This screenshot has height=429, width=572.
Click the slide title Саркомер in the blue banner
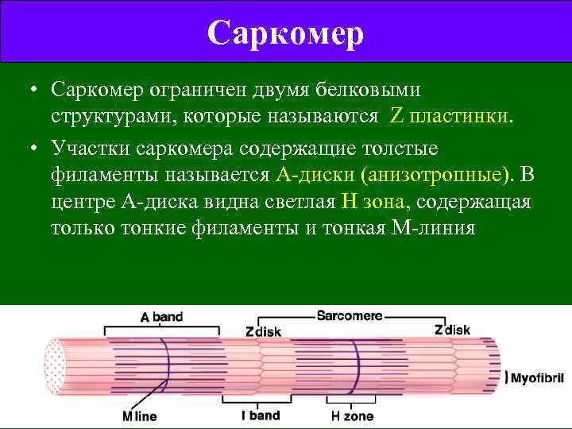[x=286, y=32]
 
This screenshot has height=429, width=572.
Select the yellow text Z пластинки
[x=450, y=117]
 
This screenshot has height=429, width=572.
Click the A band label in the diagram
[x=161, y=317]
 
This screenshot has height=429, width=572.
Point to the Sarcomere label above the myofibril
[x=350, y=315]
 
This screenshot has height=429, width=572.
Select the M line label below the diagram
[x=140, y=415]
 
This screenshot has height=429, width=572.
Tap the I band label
[x=261, y=415]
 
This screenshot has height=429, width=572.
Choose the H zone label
[x=352, y=415]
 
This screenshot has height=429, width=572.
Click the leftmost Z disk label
[x=263, y=331]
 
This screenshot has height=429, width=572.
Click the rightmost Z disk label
[x=452, y=330]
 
